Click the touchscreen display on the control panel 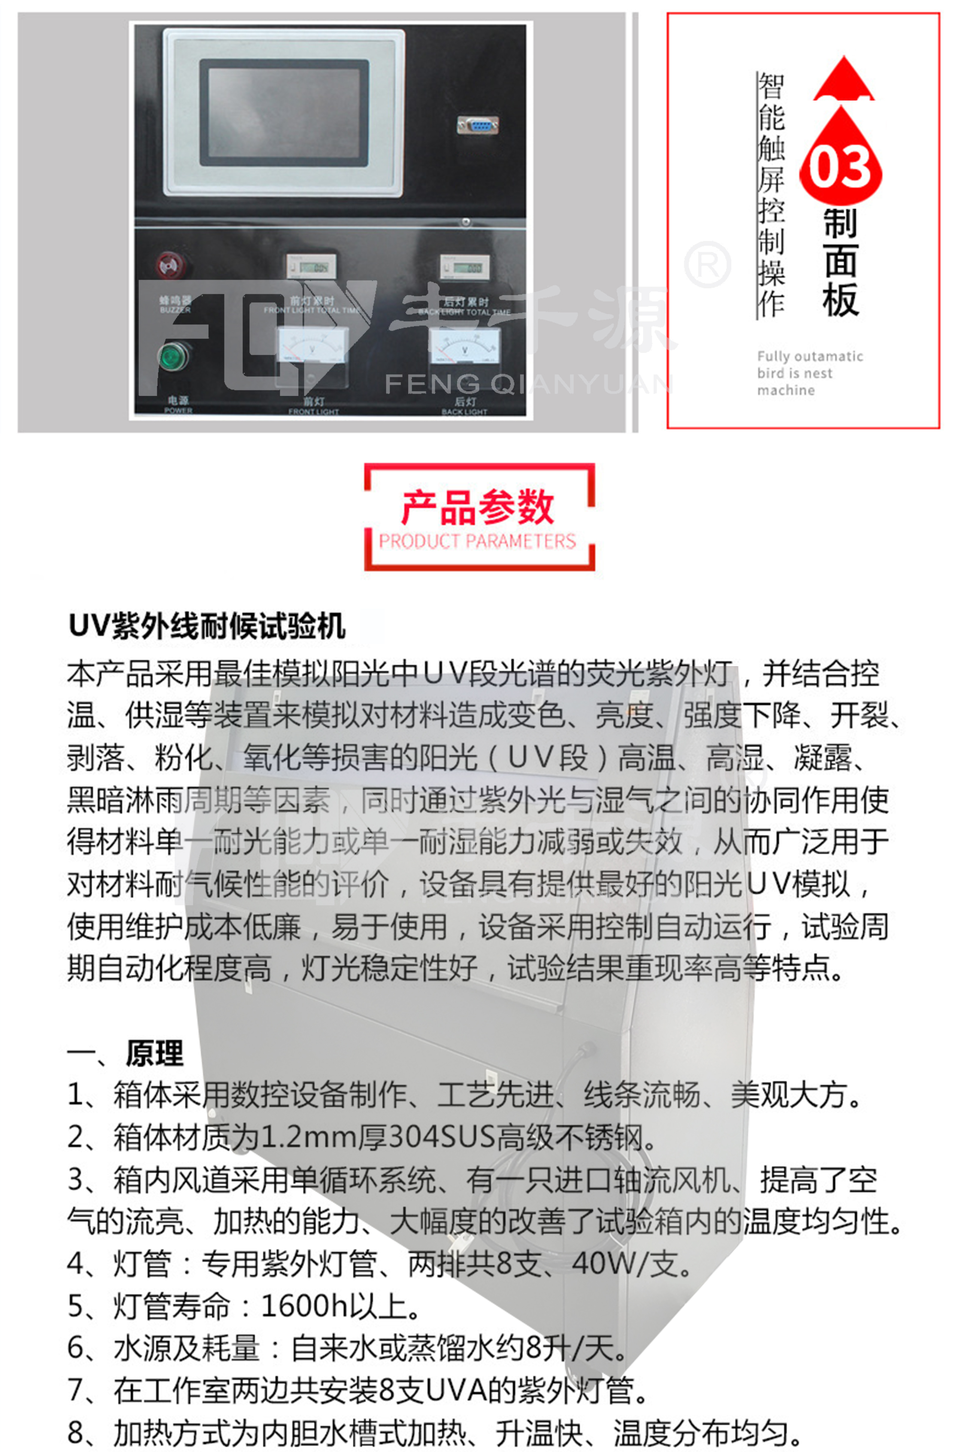tap(284, 113)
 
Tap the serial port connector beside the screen tap(477, 126)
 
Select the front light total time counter tap(311, 267)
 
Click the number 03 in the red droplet tap(840, 167)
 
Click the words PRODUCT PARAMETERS tap(477, 541)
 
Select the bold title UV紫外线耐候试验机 tap(206, 627)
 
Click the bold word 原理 tap(155, 1053)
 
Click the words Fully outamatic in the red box tap(809, 356)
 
